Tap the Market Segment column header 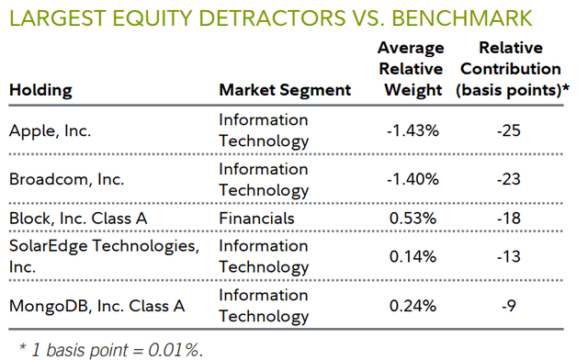click(x=285, y=90)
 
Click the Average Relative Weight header click(x=413, y=69)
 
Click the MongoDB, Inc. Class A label click(x=96, y=306)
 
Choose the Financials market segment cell click(x=256, y=219)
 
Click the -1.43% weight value click(x=413, y=130)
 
